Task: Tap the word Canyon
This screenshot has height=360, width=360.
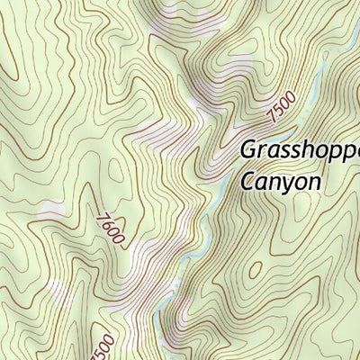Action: (281, 181)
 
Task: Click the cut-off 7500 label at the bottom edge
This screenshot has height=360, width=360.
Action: (104, 346)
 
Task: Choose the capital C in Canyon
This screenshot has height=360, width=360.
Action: (248, 180)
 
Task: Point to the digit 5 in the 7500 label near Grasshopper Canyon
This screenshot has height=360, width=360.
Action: (278, 113)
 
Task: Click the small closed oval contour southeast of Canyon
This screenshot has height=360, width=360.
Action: (256, 269)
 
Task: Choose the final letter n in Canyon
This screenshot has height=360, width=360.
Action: (312, 182)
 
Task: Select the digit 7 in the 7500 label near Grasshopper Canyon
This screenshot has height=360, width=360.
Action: (271, 120)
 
